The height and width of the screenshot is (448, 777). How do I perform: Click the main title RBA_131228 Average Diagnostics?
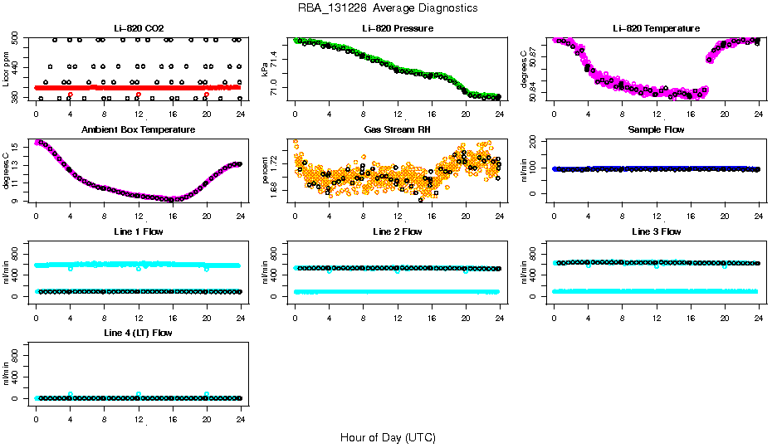click(388, 8)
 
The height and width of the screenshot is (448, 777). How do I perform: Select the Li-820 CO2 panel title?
click(138, 28)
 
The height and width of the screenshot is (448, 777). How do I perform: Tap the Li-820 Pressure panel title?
click(397, 28)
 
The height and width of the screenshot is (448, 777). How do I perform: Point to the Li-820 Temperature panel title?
click(656, 28)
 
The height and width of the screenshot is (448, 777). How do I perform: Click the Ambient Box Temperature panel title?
click(138, 130)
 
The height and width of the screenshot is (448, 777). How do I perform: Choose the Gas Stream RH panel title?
click(397, 130)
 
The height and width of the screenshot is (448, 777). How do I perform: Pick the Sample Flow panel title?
click(656, 130)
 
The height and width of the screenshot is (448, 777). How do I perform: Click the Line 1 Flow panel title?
click(138, 231)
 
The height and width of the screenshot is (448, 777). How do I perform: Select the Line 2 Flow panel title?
click(397, 231)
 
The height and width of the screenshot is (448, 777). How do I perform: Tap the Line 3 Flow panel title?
click(656, 231)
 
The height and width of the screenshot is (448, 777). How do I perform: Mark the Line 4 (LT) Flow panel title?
click(138, 333)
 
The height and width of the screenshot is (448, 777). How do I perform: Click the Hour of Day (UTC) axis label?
click(388, 436)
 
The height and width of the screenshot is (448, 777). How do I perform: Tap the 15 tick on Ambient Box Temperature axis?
click(17, 146)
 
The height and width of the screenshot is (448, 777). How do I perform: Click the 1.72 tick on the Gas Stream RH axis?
click(275, 168)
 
